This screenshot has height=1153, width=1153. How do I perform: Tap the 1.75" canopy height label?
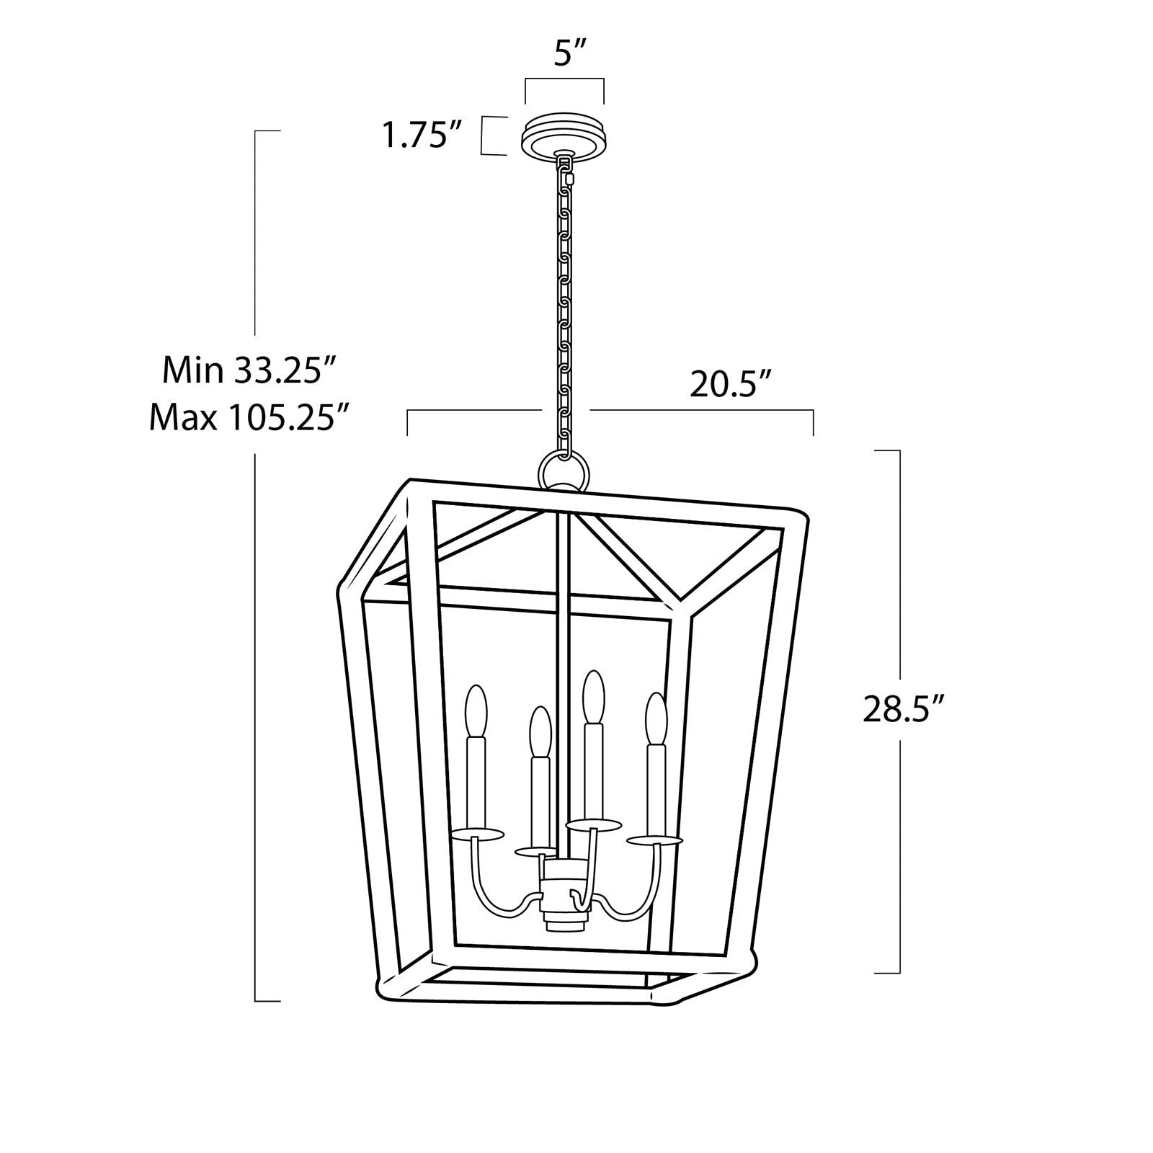click(425, 135)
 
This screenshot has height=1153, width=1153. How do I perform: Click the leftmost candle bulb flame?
click(476, 711)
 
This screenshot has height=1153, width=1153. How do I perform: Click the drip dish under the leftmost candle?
click(476, 834)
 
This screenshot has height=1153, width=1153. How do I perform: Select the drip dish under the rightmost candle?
click(654, 840)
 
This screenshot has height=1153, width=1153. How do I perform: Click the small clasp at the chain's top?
click(570, 177)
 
